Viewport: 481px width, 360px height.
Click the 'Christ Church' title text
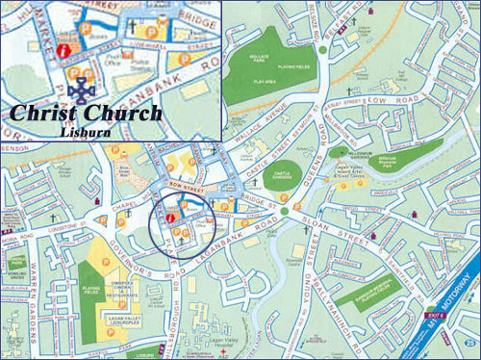click(x=87, y=113)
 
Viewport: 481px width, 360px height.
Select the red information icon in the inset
click(x=64, y=48)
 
